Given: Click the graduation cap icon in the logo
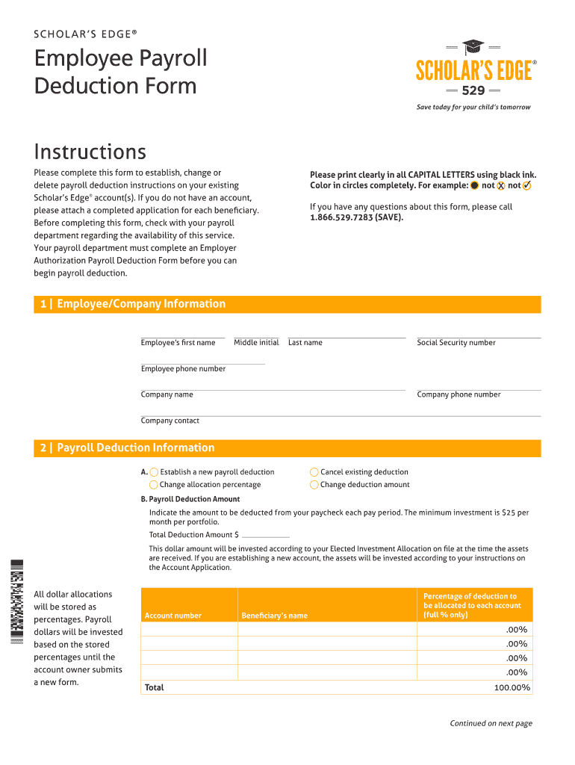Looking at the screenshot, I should coord(473,47).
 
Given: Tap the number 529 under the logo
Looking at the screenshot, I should coord(473,91).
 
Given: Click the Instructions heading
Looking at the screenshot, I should coord(90,152).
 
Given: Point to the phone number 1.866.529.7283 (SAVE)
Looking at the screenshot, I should coord(356,217).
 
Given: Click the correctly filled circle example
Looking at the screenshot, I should coord(474,185).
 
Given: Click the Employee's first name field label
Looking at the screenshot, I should coord(178,343).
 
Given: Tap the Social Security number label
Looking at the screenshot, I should coord(456,343).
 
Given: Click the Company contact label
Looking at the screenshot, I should coord(170,421).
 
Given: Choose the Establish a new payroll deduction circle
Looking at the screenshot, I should coord(154,472).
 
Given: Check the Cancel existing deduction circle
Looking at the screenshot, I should coord(314,472).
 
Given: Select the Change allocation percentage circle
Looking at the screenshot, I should coord(154,485).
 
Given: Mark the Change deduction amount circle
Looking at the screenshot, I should coord(314,485).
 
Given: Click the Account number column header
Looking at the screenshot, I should coord(173,616).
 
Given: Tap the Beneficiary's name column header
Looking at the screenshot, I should coord(274,616).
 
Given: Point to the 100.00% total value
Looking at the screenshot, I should coord(512,687).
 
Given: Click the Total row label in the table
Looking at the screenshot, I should coord(155,687).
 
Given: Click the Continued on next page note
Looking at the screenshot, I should coord(491,723).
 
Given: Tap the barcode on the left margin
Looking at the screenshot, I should coord(16,602).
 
